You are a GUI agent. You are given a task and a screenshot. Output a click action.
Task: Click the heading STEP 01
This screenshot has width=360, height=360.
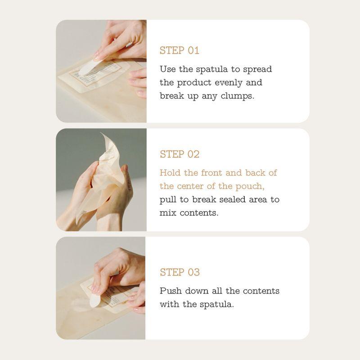point(179,50)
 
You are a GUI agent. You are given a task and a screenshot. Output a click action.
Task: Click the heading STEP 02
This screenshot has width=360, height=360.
point(179,154)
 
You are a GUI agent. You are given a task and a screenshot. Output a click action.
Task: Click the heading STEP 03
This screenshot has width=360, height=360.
point(180,272)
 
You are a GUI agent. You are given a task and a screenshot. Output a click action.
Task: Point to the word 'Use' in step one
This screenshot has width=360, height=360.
point(168,69)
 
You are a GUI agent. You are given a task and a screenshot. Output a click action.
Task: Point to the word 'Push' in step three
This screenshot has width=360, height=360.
point(170,291)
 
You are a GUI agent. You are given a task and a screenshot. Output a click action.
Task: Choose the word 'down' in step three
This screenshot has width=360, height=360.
point(197,291)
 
